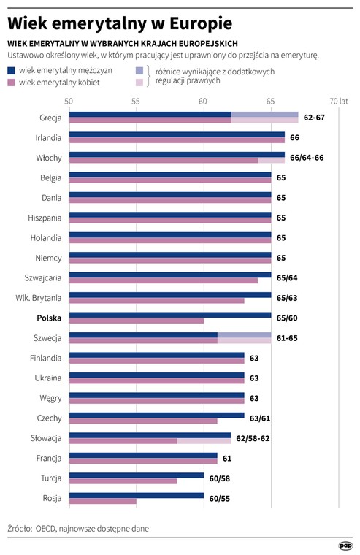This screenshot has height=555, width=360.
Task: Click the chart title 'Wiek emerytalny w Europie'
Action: pyautogui.click(x=120, y=23)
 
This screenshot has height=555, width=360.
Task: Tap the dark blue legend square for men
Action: pyautogui.click(x=12, y=70)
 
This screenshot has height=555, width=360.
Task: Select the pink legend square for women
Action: pyautogui.click(x=12, y=83)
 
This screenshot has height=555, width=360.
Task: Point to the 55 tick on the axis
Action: pyautogui.click(x=136, y=102)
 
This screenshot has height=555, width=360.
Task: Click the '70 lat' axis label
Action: pyautogui.click(x=339, y=102)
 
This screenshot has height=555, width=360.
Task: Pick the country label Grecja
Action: pyautogui.click(x=50, y=118)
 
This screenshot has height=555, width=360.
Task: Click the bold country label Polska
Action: pyautogui.click(x=49, y=318)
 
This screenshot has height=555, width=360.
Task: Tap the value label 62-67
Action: pyautogui.click(x=314, y=118)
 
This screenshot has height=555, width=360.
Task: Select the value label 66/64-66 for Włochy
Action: pyautogui.click(x=307, y=158)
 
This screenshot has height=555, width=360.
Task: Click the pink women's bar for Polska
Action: pyautogui.click(x=137, y=321)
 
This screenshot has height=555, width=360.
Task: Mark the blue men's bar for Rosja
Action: pyautogui.click(x=137, y=496)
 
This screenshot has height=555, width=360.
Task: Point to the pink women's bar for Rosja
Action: pyautogui.click(x=103, y=501)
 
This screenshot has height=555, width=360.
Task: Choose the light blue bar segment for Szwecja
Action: pyautogui.click(x=244, y=335)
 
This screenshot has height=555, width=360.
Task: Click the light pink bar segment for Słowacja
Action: pyautogui.click(x=204, y=441)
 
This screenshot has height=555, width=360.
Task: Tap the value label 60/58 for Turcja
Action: pyautogui.click(x=220, y=478)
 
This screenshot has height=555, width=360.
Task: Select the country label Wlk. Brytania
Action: pyautogui.click(x=39, y=298)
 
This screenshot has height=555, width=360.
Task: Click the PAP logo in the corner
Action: pyautogui.click(x=345, y=546)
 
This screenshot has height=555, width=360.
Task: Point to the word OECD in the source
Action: pyautogui.click(x=46, y=529)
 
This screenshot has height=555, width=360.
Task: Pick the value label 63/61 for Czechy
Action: pyautogui.click(x=260, y=418)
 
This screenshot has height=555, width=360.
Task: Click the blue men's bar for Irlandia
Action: pyautogui.click(x=177, y=134)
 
